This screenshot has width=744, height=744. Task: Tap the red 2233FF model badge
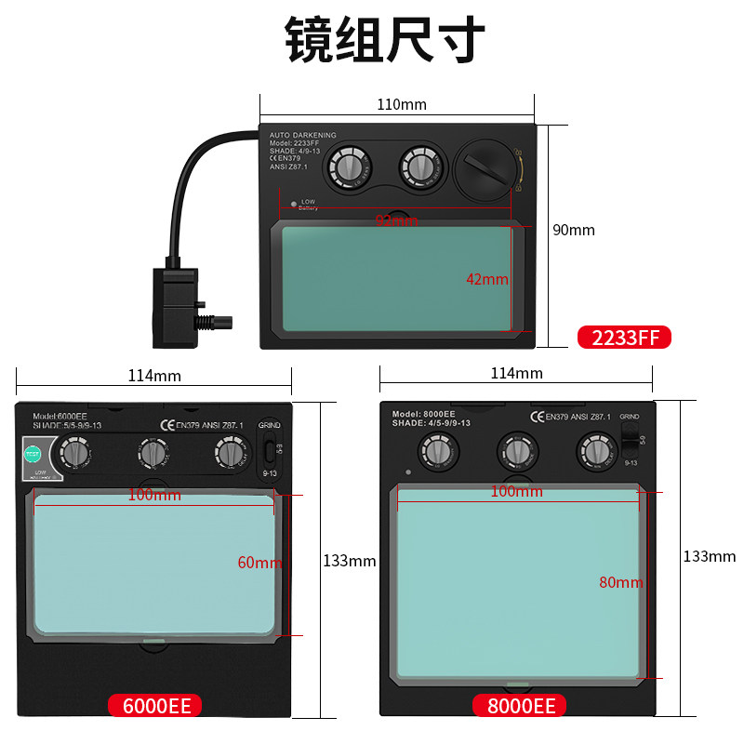click(x=624, y=338)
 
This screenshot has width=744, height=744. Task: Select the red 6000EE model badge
click(x=155, y=706)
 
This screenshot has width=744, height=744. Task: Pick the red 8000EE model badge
click(x=520, y=706)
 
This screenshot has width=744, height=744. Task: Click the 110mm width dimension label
click(x=401, y=104)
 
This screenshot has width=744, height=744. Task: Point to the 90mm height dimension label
click(x=574, y=230)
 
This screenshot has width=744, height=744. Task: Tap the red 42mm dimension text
click(x=487, y=279)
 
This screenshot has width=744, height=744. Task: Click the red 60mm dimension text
click(x=259, y=563)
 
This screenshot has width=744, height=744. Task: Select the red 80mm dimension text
click(x=621, y=582)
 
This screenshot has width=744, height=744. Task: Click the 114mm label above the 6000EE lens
click(x=154, y=376)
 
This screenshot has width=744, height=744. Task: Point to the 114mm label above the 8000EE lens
click(x=516, y=373)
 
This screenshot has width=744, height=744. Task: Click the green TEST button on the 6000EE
click(x=33, y=455)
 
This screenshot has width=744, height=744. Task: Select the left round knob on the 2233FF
click(x=347, y=168)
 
